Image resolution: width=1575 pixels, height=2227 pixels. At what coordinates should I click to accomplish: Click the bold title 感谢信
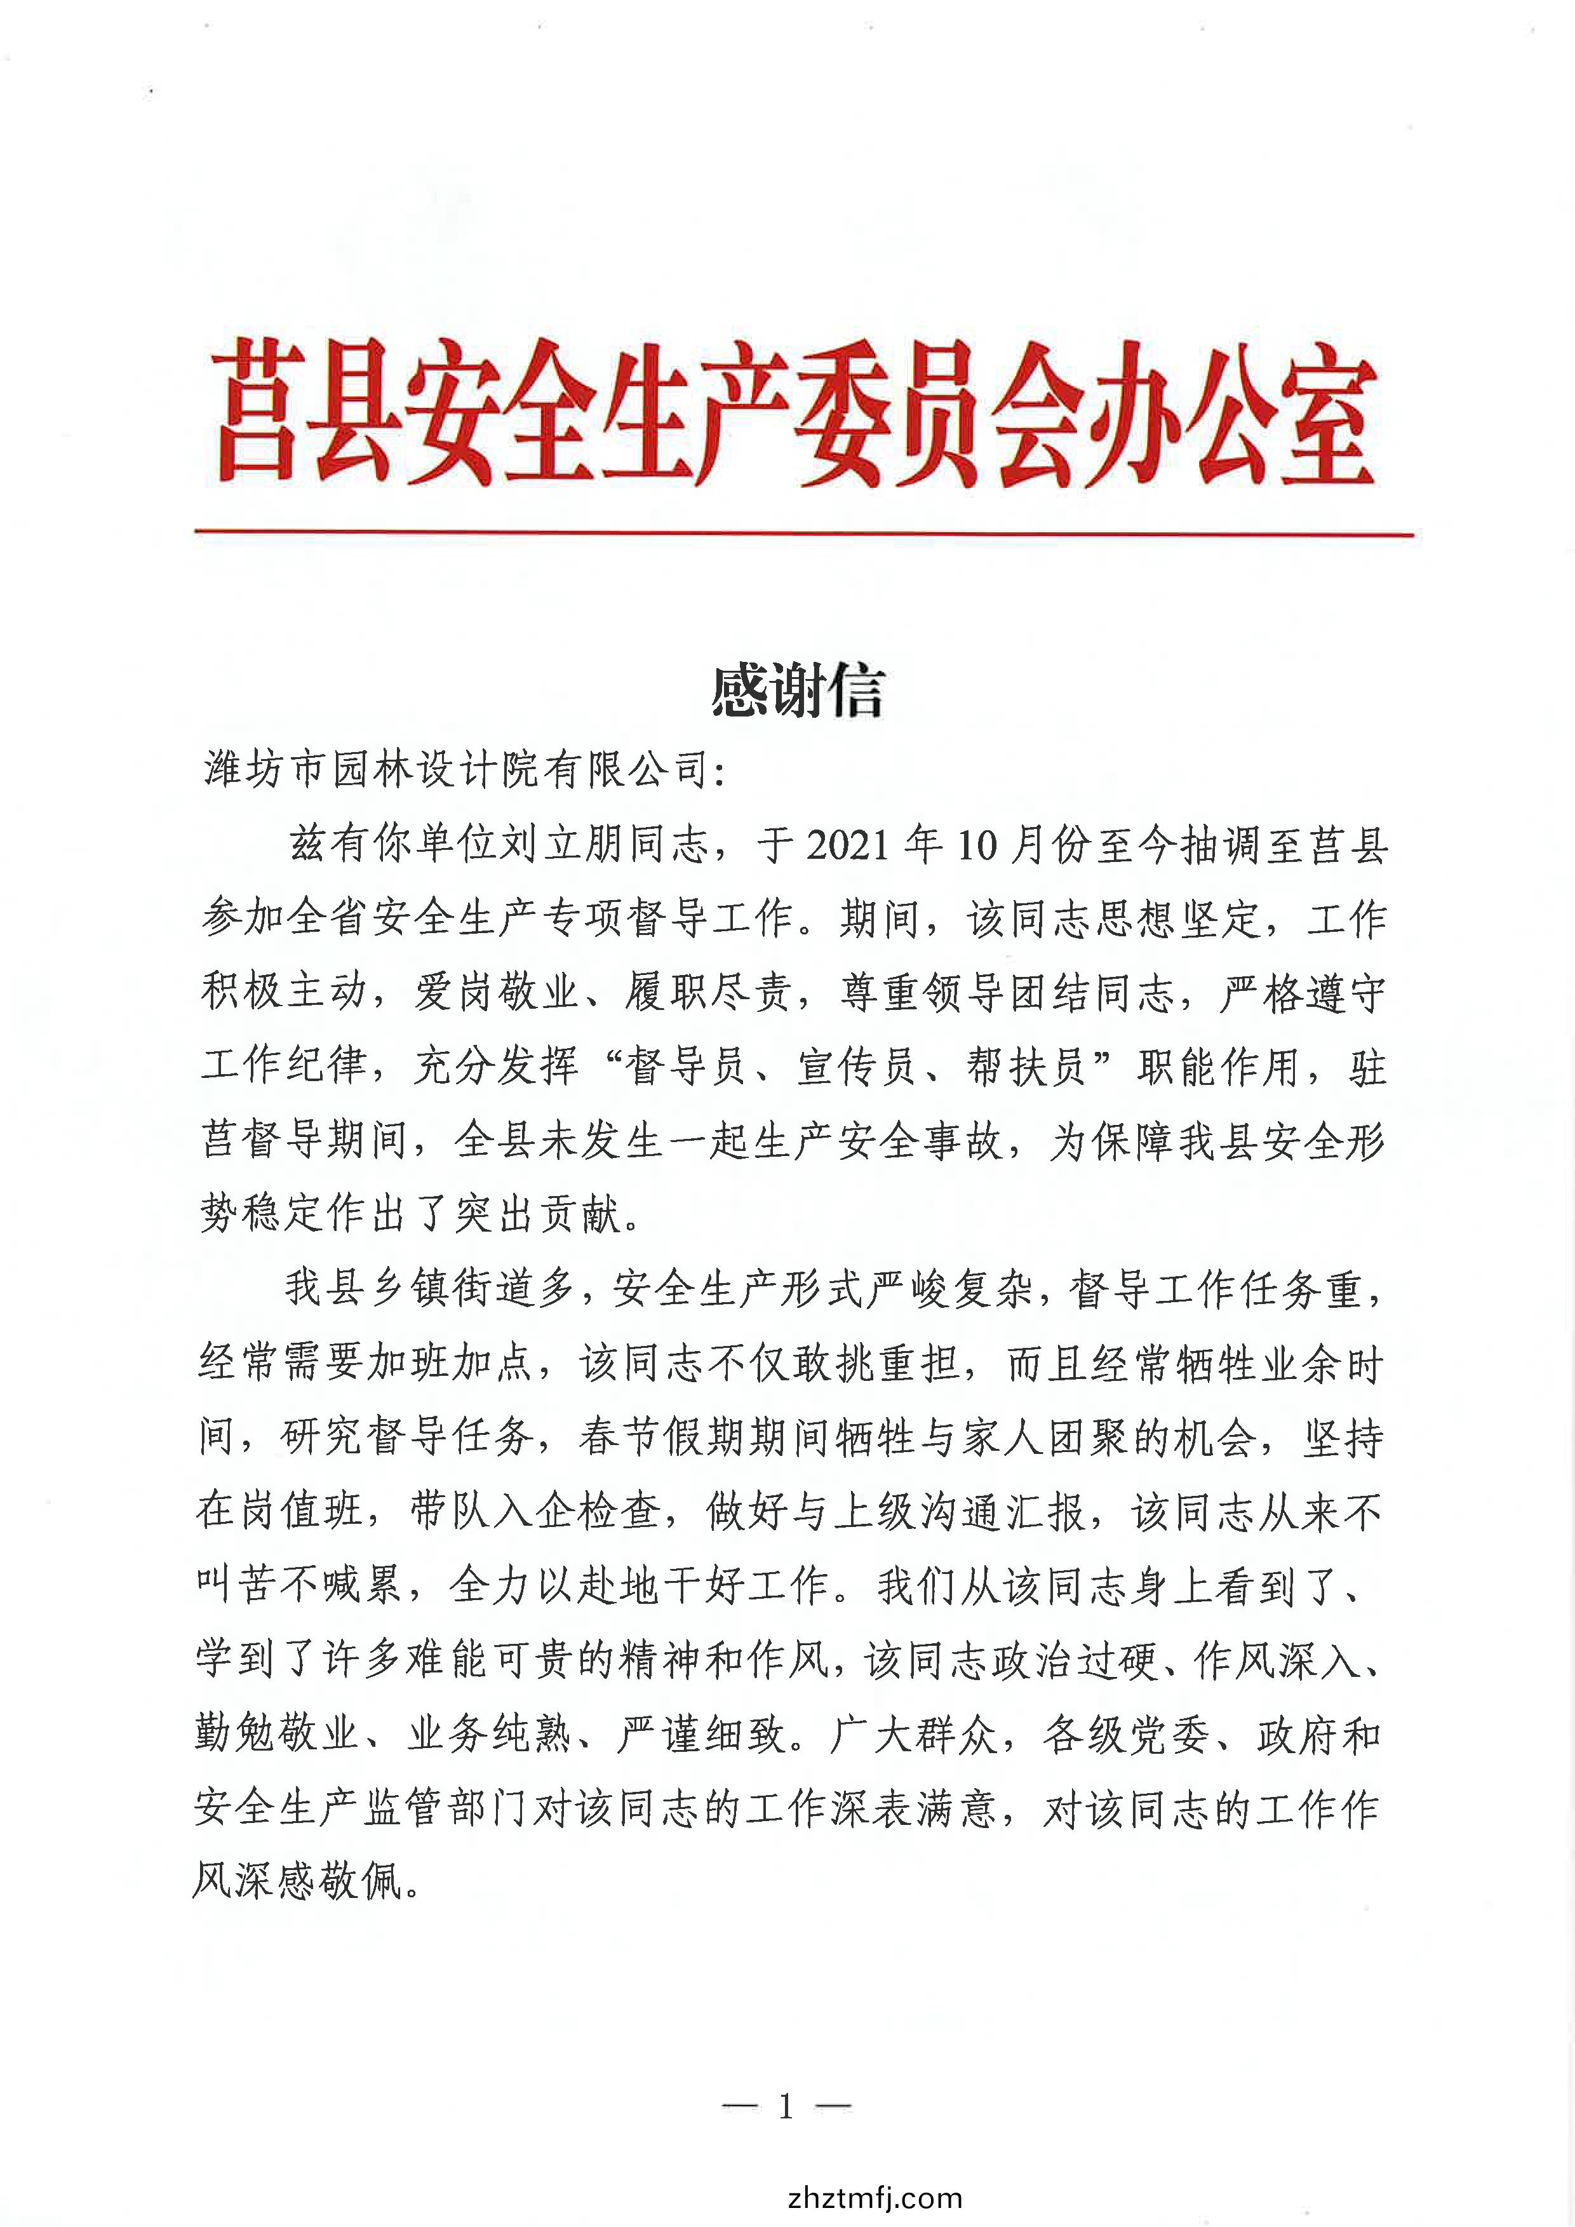coord(797,692)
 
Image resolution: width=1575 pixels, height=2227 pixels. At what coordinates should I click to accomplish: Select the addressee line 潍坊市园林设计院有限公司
coord(456,771)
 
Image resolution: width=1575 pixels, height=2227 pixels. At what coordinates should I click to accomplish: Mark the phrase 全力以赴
coord(533,1585)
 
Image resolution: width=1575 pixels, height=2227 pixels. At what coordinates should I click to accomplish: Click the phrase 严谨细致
coord(702,1733)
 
